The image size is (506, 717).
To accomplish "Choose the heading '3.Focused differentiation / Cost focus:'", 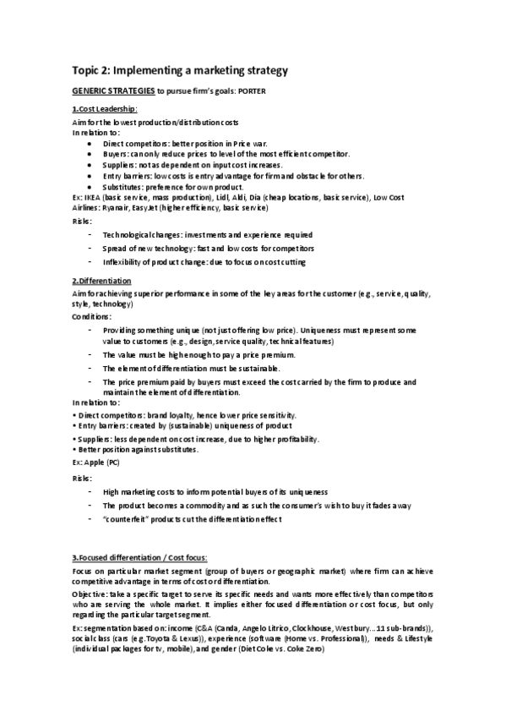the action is pyautogui.click(x=139, y=557).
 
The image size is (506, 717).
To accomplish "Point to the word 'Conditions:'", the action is pyautogui.click(x=92, y=315).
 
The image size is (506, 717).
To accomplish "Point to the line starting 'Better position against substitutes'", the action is pyautogui.click(x=137, y=450).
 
